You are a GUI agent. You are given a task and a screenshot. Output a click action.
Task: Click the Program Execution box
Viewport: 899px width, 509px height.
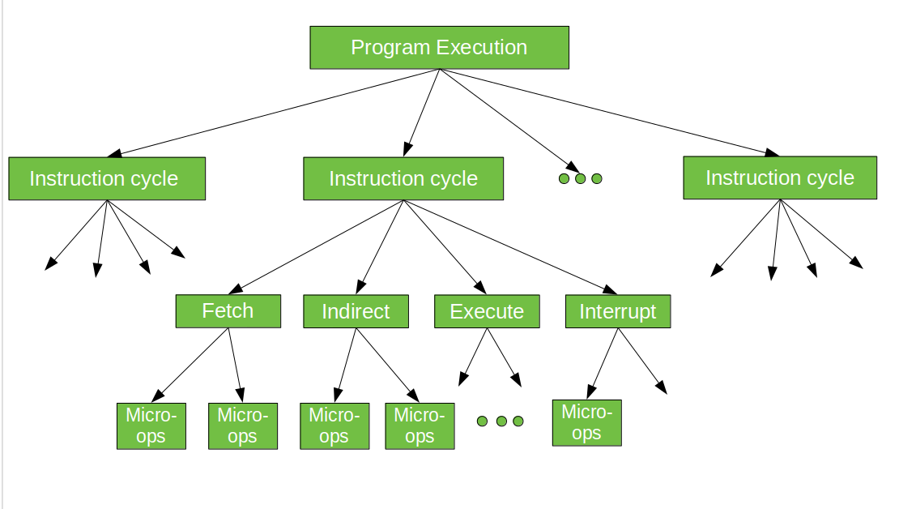coord(439,48)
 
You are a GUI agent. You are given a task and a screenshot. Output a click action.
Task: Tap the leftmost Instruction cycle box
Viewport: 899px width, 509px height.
coord(106,178)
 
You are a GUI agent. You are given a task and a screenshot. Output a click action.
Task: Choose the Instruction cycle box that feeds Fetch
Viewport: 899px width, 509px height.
coord(403,178)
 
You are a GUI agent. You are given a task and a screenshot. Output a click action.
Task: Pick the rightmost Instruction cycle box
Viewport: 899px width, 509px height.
coord(779,178)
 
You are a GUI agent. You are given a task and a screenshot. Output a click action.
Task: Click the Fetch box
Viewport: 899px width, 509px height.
coord(228,311)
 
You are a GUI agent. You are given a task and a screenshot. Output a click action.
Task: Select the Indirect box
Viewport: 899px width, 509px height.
coord(356,311)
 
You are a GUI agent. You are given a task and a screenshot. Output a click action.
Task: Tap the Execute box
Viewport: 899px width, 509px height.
coord(487,311)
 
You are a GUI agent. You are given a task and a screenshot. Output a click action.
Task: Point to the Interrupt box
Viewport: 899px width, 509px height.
coord(617,311)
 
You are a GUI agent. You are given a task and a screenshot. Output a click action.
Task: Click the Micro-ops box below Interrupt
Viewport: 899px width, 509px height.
coord(586,422)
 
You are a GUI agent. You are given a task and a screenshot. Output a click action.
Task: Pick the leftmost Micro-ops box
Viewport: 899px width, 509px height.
coord(151,426)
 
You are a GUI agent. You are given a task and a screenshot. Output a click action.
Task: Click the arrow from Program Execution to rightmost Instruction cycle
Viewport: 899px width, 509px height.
coord(607,112)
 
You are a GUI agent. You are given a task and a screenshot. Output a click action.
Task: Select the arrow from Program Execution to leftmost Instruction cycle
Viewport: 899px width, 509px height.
coord(275,112)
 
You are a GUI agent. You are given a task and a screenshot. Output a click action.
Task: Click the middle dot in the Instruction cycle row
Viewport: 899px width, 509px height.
coord(580,178)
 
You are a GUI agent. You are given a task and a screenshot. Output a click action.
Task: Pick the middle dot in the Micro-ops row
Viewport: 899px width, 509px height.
coord(501,421)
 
